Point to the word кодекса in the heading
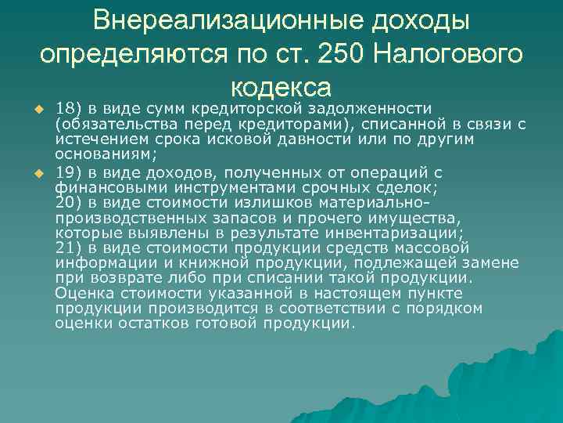(x=281, y=85)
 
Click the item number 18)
(x=68, y=107)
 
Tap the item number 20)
(x=68, y=201)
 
